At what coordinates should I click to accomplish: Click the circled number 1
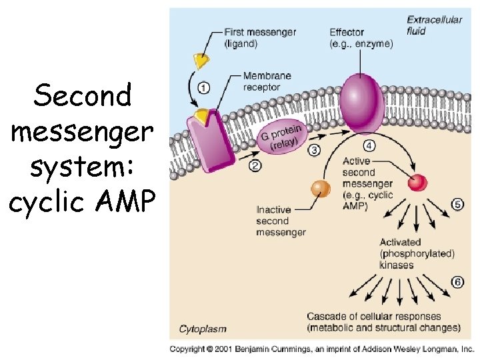(203, 87)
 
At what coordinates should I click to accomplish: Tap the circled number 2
(255, 166)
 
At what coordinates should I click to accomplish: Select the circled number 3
(314, 150)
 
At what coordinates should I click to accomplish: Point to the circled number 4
(369, 145)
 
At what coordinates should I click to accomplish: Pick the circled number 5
(457, 205)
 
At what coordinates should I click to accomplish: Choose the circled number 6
(457, 282)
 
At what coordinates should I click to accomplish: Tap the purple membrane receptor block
(209, 138)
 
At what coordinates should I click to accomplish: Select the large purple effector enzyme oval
(362, 103)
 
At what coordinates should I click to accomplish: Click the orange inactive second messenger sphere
(321, 189)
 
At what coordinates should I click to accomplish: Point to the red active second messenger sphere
(418, 181)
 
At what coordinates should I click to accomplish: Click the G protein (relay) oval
(279, 139)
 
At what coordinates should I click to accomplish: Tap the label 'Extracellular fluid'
(434, 25)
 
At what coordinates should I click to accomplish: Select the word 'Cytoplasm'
(203, 329)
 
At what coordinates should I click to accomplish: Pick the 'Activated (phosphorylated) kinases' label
(417, 253)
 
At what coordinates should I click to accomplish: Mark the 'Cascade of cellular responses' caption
(383, 322)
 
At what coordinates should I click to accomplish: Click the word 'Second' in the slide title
(83, 97)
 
